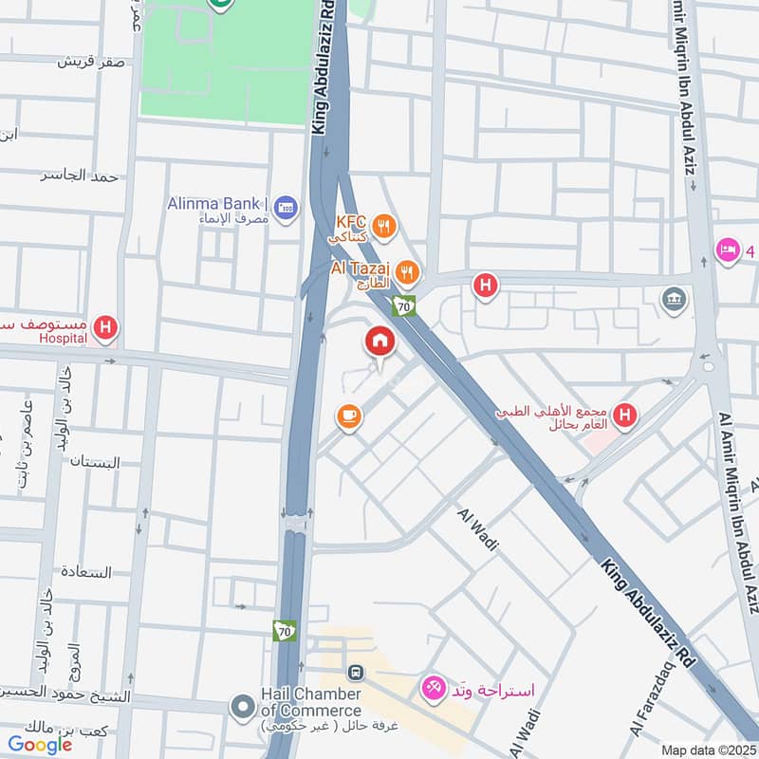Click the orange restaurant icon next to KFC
click(x=383, y=226)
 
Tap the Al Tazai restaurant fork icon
click(x=407, y=272)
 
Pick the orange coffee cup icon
click(x=348, y=417)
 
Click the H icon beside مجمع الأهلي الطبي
click(x=624, y=415)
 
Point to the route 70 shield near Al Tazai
click(x=405, y=306)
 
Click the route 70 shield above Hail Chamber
click(x=284, y=631)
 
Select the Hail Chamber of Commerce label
click(x=310, y=702)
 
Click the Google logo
click(x=40, y=745)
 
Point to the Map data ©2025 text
click(x=706, y=750)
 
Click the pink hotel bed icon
click(x=728, y=250)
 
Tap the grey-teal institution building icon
click(x=675, y=298)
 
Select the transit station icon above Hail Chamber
click(x=356, y=673)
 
